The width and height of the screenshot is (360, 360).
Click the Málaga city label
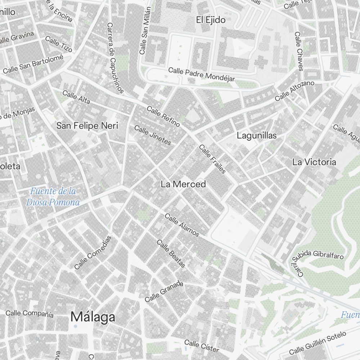point(93,317)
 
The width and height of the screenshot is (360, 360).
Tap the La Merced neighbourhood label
point(183,184)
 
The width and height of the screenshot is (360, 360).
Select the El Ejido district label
point(211,20)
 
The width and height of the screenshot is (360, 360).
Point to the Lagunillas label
point(257,136)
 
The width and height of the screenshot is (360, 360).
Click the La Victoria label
point(314,162)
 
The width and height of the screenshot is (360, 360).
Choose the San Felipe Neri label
point(87,126)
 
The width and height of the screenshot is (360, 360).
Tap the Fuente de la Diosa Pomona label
point(53,197)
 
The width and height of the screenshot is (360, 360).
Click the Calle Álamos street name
point(182,225)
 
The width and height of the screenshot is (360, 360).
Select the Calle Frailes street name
point(212,159)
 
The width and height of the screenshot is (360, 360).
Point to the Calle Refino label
point(163,116)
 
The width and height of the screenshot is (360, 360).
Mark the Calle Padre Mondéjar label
point(202,75)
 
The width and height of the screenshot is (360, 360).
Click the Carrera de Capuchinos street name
point(115,58)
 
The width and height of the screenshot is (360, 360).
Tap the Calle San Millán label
point(145,31)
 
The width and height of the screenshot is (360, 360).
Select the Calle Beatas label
point(171,253)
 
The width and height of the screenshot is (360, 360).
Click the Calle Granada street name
point(164,292)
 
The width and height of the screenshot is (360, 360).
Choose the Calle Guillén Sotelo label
point(318,343)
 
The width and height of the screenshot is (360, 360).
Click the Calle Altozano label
point(294,91)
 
